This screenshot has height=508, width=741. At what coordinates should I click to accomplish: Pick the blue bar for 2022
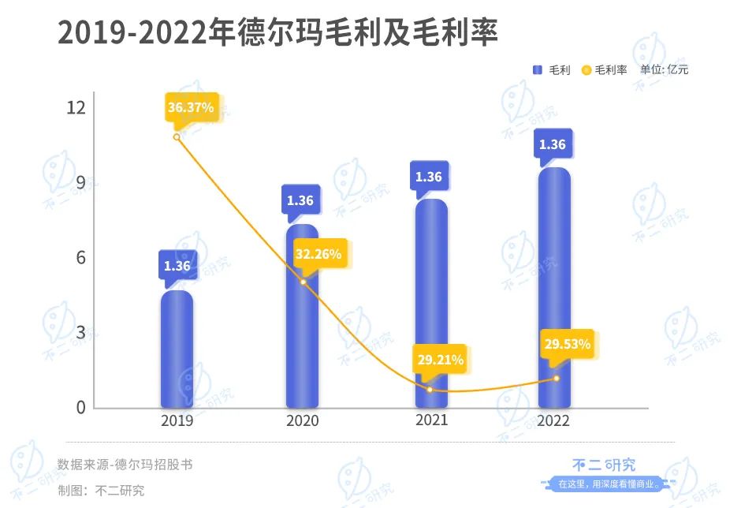point(553,288)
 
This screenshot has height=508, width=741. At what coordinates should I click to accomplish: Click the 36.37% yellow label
point(190,107)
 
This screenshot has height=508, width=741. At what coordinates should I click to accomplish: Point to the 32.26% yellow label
point(318,254)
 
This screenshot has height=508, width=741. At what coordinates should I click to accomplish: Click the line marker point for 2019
point(177,136)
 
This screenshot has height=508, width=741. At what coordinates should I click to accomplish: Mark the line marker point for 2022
point(557,379)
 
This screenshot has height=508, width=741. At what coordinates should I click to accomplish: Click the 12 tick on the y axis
point(74,107)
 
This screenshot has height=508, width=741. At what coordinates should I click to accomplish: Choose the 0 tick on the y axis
point(79,408)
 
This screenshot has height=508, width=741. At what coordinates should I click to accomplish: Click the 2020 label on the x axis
point(303,421)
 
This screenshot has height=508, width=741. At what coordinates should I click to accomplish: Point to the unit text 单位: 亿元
point(664,69)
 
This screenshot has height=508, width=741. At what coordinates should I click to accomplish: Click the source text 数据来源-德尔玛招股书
point(125,465)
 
